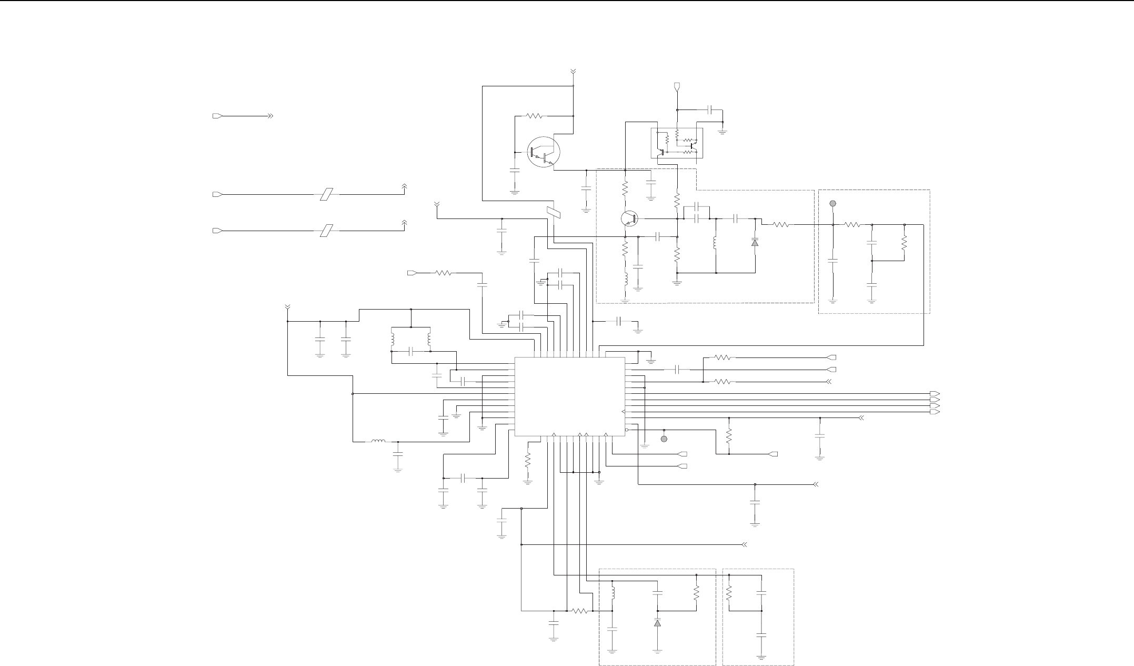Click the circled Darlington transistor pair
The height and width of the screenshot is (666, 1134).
544,151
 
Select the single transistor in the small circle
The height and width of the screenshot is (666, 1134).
629,218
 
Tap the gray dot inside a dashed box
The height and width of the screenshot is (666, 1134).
832,203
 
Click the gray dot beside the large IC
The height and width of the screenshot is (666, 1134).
664,439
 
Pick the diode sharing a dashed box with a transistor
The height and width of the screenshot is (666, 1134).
755,242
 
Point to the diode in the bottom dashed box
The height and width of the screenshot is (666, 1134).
657,623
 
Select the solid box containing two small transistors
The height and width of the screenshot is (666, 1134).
677,143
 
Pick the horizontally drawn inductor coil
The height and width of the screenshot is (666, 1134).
378,442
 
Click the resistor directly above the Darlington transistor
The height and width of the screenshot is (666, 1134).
534,116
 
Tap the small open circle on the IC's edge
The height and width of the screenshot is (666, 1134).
627,430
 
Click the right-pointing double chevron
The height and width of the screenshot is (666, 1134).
270,116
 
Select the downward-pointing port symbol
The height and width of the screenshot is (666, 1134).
677,86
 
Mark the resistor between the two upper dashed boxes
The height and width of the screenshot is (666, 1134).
781,225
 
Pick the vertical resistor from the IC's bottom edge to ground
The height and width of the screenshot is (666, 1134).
528,460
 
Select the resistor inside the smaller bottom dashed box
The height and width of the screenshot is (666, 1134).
729,593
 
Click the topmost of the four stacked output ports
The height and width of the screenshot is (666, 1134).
935,394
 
